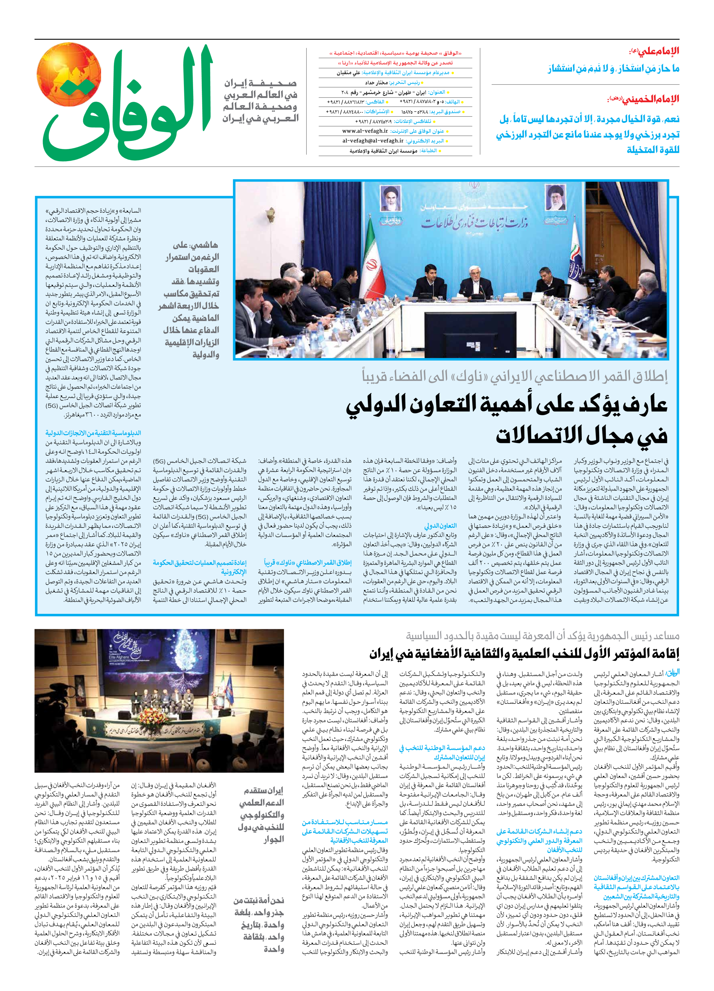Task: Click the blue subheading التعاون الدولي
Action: pos(440,526)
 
